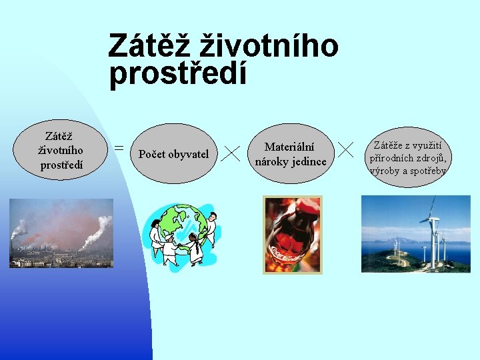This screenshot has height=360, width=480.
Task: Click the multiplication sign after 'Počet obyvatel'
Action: tap(231, 153)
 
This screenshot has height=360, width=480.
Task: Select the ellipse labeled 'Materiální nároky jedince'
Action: tap(291, 153)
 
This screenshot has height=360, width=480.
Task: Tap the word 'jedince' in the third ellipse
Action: tap(309, 161)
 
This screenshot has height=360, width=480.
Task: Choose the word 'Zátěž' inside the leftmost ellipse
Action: tap(59, 136)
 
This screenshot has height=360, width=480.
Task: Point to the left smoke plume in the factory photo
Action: tap(18, 230)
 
